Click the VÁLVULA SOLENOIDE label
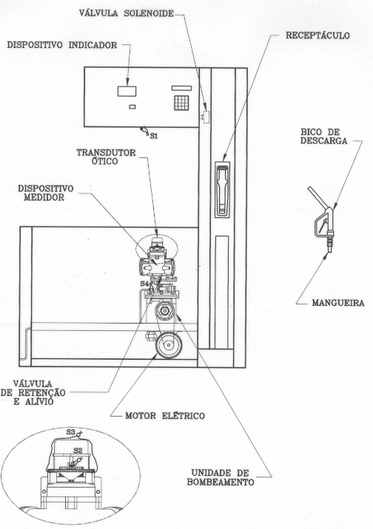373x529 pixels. [x=126, y=13]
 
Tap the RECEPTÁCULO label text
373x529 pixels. [x=317, y=35]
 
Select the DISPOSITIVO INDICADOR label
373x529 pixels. [x=62, y=45]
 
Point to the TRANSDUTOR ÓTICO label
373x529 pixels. [x=106, y=157]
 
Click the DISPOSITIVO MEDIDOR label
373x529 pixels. [x=45, y=193]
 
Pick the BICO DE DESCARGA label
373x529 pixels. [x=323, y=136]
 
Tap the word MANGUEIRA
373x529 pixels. [x=338, y=303]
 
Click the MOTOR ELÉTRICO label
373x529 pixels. [x=165, y=415]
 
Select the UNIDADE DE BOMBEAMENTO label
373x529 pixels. [x=221, y=477]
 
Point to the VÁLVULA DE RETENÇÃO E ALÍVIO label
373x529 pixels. [x=33, y=393]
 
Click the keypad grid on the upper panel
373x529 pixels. [x=181, y=103]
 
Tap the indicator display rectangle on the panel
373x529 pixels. [x=127, y=91]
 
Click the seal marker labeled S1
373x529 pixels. [x=154, y=136]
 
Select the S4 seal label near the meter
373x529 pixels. [x=144, y=284]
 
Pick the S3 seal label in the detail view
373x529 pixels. [x=70, y=431]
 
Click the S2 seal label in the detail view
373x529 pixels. [x=78, y=450]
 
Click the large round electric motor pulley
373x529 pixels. [x=169, y=345]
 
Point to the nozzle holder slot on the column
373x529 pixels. [x=223, y=189]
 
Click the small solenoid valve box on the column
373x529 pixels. [x=206, y=117]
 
